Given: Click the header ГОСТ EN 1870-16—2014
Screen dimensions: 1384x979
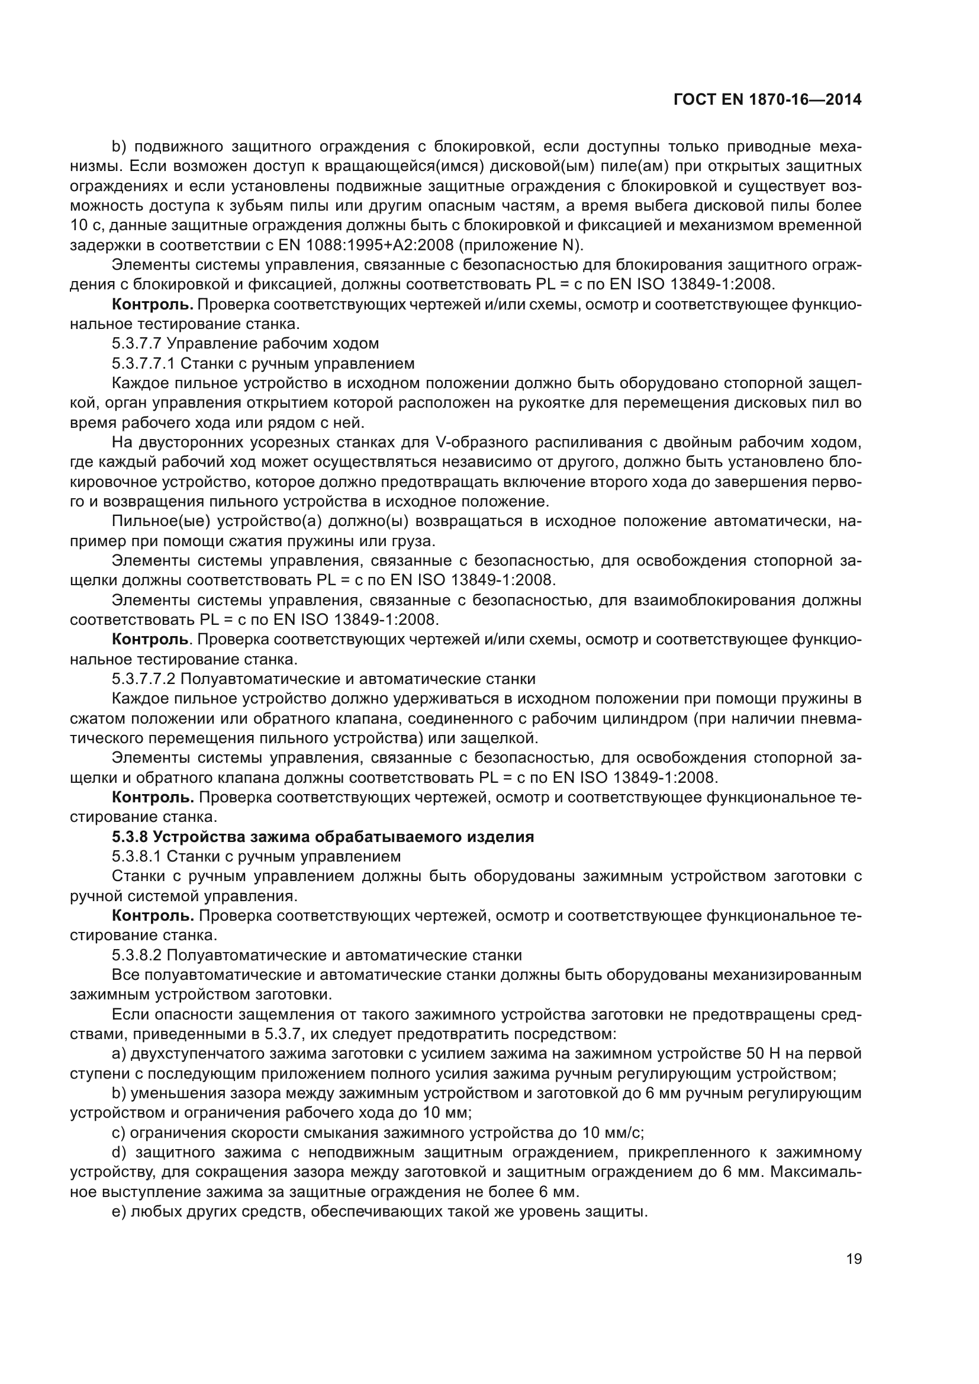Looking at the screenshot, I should click(767, 99).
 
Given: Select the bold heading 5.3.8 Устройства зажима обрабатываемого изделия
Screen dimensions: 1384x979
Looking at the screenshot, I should click(323, 837).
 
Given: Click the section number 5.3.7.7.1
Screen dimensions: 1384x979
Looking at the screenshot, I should click(143, 363).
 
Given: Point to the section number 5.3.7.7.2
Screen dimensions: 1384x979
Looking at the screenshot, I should click(143, 679).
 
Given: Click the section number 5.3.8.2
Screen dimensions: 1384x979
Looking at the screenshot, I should click(137, 955).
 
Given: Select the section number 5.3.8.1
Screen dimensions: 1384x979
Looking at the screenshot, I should click(137, 856).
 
